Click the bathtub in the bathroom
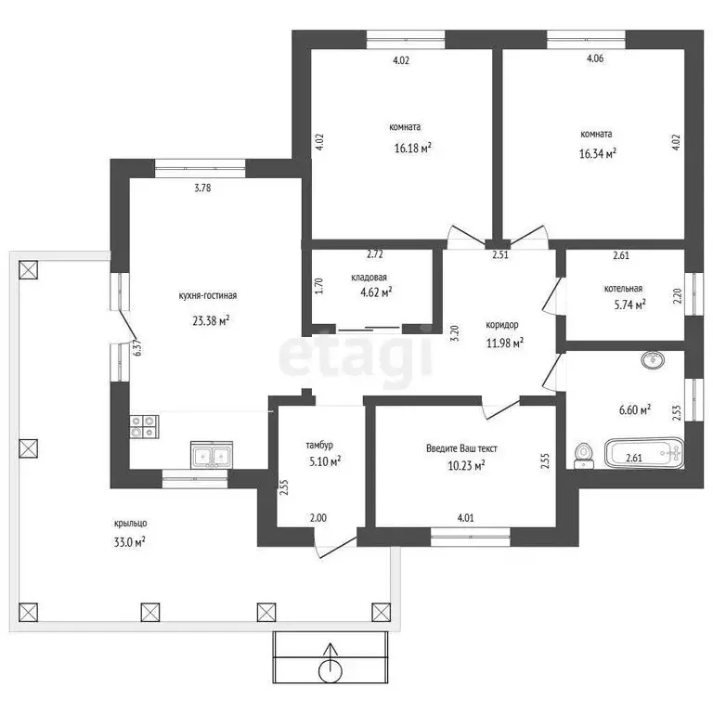644,453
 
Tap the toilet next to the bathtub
583,456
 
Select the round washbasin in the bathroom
653,360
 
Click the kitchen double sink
212,455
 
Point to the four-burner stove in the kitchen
144,426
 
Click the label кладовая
369,278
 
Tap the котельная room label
623,289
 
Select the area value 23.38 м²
211,321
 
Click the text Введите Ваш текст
461,448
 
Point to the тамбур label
319,446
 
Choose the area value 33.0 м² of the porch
130,541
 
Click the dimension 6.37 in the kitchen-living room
136,348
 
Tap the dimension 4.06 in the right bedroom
595,58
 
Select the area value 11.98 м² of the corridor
505,343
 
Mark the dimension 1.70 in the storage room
319,286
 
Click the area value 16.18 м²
413,148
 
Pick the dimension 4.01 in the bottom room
466,517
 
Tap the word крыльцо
131,524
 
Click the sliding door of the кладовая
369,328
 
